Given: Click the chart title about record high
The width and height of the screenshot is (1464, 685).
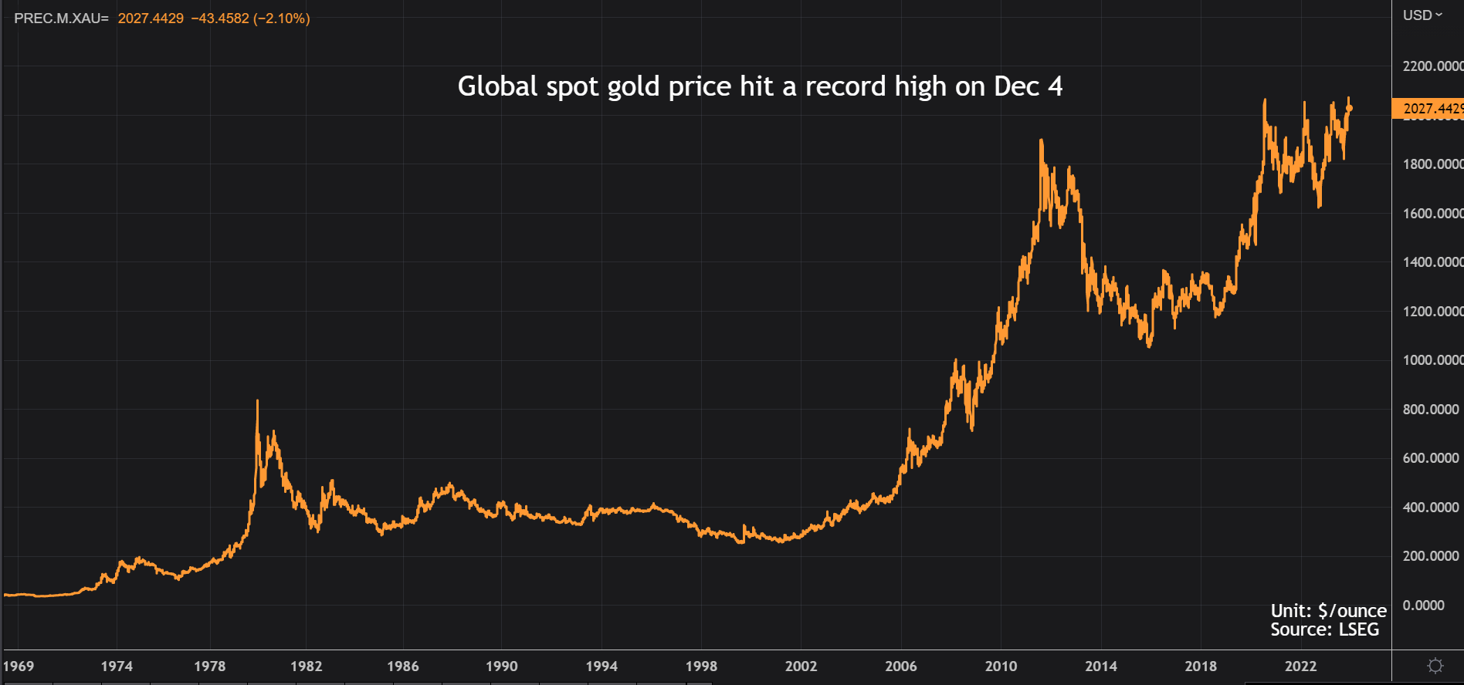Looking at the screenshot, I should point(760,86).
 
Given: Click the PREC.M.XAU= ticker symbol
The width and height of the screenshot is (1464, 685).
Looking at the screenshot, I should point(61,19).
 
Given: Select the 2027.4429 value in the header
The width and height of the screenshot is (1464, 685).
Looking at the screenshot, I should point(151,19).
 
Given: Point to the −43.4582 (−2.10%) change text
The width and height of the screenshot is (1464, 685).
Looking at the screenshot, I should point(250,19).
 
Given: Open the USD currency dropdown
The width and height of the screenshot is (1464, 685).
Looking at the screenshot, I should point(1422,15).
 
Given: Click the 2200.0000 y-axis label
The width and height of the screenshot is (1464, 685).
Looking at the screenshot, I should point(1432,66).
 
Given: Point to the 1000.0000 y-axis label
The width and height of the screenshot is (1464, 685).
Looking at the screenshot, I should point(1432,360).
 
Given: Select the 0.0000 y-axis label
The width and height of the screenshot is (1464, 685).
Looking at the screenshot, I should point(1424,606).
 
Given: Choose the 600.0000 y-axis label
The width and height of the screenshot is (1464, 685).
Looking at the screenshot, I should point(1431,458).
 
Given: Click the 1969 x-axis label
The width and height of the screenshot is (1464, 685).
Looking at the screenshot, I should point(19,666).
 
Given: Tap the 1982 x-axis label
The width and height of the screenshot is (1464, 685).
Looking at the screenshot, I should point(307,666).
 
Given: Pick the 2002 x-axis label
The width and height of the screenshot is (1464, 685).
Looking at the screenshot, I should point(801,666).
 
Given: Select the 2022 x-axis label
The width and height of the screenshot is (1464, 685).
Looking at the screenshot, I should point(1300,666).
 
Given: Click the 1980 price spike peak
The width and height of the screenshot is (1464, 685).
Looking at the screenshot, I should point(257,401).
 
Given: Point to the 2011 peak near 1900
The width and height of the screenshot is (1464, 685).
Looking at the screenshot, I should point(1041,141).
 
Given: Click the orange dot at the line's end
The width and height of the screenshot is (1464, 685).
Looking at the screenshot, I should point(1349,109).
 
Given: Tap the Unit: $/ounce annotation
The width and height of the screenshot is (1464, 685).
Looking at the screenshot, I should point(1328,611).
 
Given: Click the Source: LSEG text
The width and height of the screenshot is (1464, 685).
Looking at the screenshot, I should point(1324,629).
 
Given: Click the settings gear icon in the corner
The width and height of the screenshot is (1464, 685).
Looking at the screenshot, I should point(1435,666).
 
